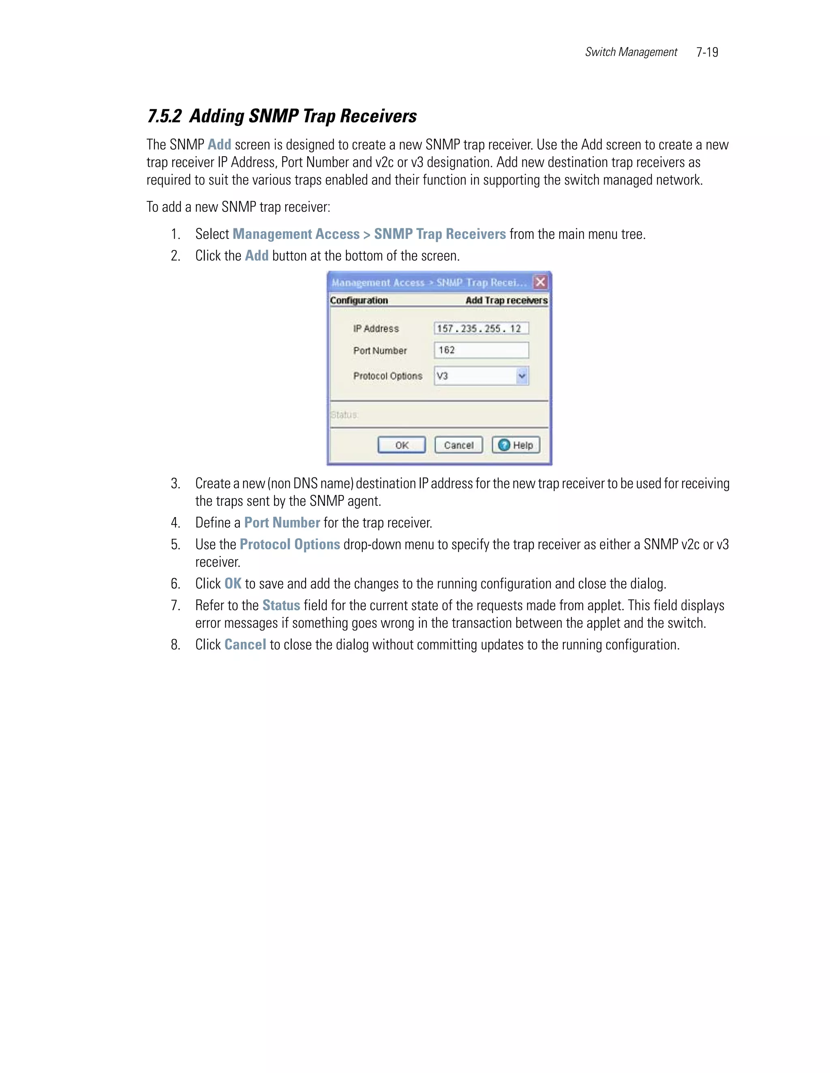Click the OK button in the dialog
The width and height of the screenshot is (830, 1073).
401,445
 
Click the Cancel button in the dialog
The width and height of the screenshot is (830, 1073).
458,445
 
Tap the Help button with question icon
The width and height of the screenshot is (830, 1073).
516,445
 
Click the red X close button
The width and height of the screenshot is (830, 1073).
540,282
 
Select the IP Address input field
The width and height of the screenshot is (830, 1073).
481,328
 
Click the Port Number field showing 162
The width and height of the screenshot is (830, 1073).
481,350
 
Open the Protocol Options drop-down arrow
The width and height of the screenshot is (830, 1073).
522,376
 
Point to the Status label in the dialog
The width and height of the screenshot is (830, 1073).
344,415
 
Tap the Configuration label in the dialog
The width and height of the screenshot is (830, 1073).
359,300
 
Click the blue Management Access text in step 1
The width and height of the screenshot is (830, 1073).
296,234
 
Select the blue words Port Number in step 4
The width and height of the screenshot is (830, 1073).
282,523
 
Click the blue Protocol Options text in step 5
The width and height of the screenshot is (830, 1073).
290,544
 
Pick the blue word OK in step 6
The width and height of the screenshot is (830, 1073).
233,583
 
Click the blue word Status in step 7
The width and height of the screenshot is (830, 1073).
281,605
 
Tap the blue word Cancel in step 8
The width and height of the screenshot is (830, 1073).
245,645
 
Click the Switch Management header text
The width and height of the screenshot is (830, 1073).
631,52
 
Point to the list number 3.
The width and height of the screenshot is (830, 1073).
175,483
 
